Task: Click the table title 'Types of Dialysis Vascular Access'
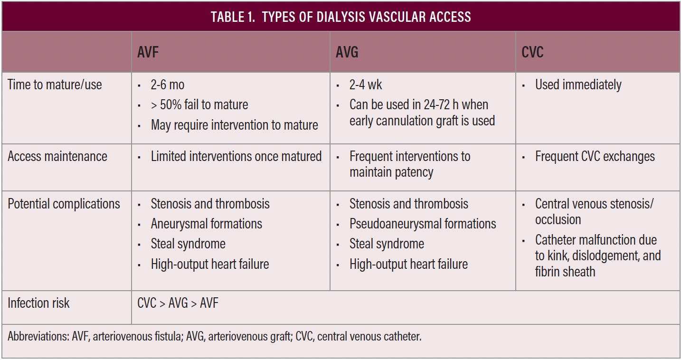pyautogui.click(x=340, y=17)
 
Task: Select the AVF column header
pyautogui.click(x=148, y=52)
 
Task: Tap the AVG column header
pyautogui.click(x=347, y=52)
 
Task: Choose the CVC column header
pyautogui.click(x=532, y=52)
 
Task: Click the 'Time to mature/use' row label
pyautogui.click(x=55, y=85)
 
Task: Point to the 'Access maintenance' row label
pyautogui.click(x=57, y=157)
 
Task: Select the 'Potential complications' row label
pyautogui.click(x=64, y=204)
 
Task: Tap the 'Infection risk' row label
pyautogui.click(x=38, y=303)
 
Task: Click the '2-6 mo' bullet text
pyautogui.click(x=168, y=85)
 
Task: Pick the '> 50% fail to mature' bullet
pyautogui.click(x=199, y=104)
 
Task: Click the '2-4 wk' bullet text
pyautogui.click(x=366, y=85)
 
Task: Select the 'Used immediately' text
pyautogui.click(x=578, y=85)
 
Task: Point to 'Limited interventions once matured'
pyautogui.click(x=236, y=157)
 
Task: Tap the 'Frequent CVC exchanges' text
pyautogui.click(x=595, y=157)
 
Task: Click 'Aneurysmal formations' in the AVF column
pyautogui.click(x=206, y=224)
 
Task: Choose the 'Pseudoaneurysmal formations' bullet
pyautogui.click(x=423, y=224)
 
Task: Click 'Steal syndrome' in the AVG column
pyautogui.click(x=387, y=244)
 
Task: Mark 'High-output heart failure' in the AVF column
pyautogui.click(x=210, y=265)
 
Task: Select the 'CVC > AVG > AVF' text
pyautogui.click(x=178, y=303)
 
